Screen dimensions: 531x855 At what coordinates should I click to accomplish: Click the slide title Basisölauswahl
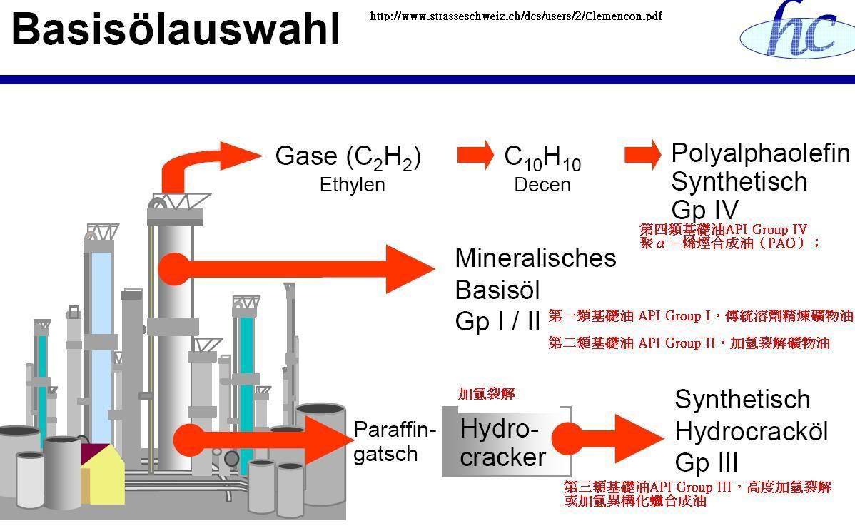pos(176,29)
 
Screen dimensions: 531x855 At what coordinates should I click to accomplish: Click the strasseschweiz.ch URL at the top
pos(516,16)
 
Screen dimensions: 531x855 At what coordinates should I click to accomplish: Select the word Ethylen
pos(352,185)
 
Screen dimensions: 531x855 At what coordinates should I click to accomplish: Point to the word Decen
pos(542,185)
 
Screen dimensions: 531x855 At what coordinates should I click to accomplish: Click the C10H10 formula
pos(542,158)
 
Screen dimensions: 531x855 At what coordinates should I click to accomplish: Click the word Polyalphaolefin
pos(761,153)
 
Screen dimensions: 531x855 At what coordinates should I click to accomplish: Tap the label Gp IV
pos(704,209)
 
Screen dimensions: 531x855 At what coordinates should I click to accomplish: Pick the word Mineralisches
pos(535,257)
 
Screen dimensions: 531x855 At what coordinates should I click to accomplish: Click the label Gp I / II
pos(498,322)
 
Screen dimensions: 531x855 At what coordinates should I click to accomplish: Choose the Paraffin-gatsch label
pos(394,442)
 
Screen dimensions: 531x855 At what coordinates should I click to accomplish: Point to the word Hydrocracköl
pos(751,432)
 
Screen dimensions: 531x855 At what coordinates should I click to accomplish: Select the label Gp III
pos(707,463)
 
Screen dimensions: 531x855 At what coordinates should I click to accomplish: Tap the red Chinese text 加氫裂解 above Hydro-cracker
pos(486,394)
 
